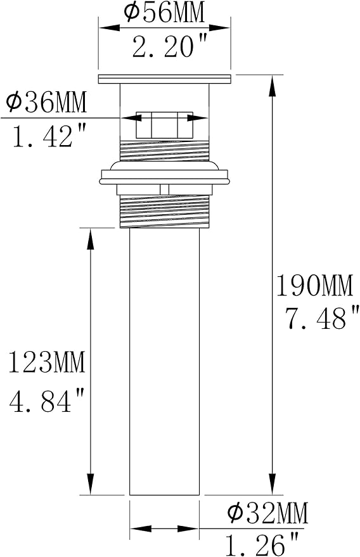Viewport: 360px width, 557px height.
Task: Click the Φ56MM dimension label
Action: [x=165, y=13]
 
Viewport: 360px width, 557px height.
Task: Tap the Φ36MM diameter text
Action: [x=46, y=102]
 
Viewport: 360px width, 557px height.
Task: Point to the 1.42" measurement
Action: [x=49, y=136]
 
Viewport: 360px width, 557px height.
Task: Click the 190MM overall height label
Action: [x=315, y=286]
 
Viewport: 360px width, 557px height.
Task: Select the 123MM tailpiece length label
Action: [x=47, y=362]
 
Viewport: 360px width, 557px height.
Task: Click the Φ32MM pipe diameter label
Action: [x=267, y=513]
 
